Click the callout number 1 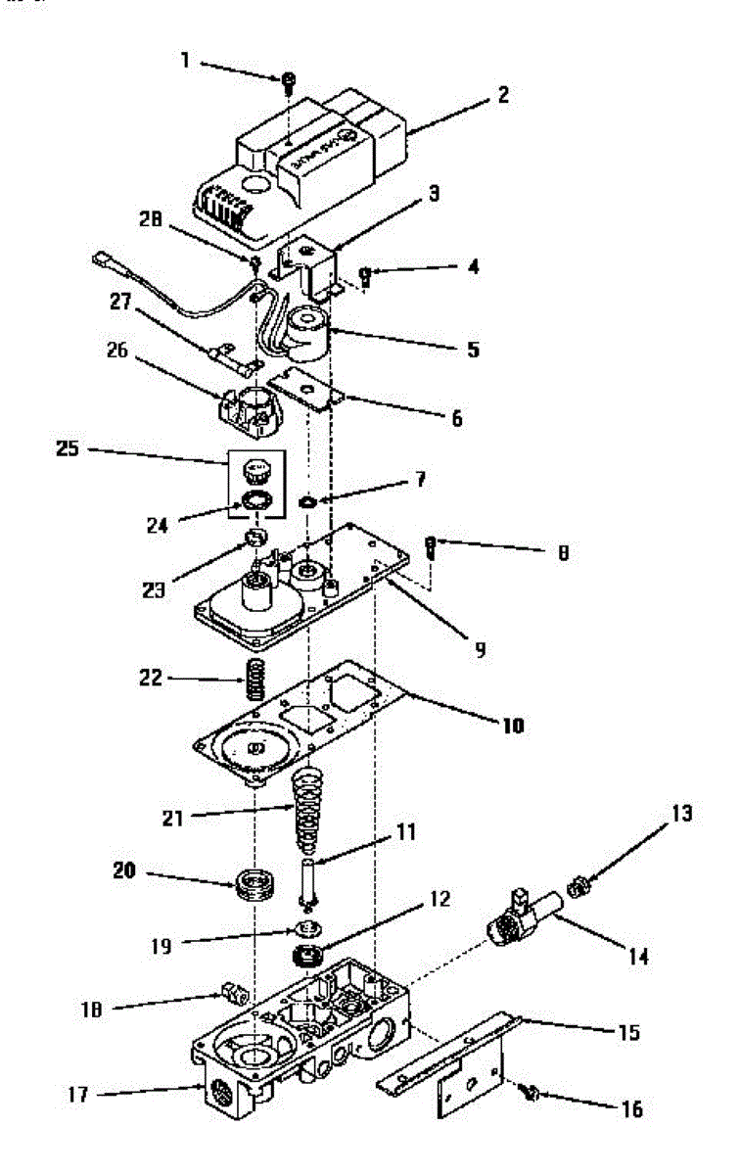point(185,60)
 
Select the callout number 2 point(502,95)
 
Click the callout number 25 point(68,451)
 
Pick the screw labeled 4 point(365,274)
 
